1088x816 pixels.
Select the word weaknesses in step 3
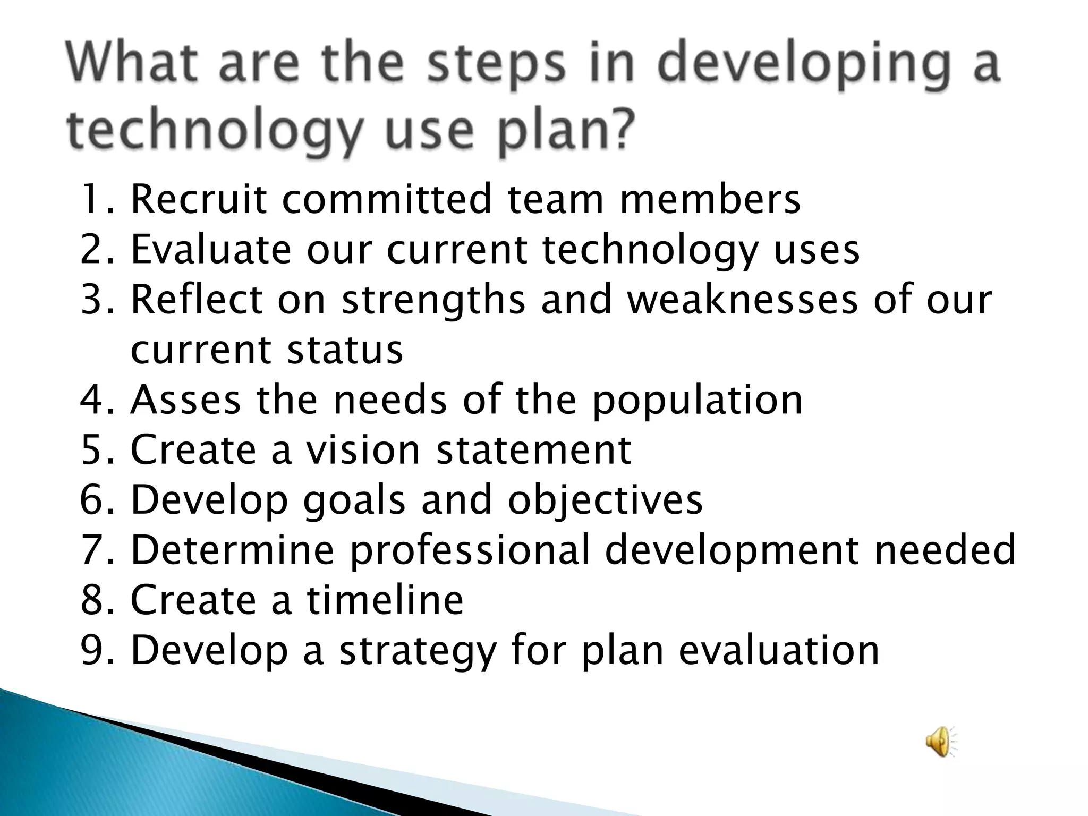pos(742,299)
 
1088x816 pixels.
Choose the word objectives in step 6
pos(605,500)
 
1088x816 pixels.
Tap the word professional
pos(470,550)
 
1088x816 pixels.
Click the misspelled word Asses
pos(185,400)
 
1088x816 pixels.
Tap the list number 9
pos(91,650)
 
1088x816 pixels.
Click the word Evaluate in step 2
pos(211,250)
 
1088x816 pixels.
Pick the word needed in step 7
pos(945,550)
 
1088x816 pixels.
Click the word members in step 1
pos(710,199)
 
